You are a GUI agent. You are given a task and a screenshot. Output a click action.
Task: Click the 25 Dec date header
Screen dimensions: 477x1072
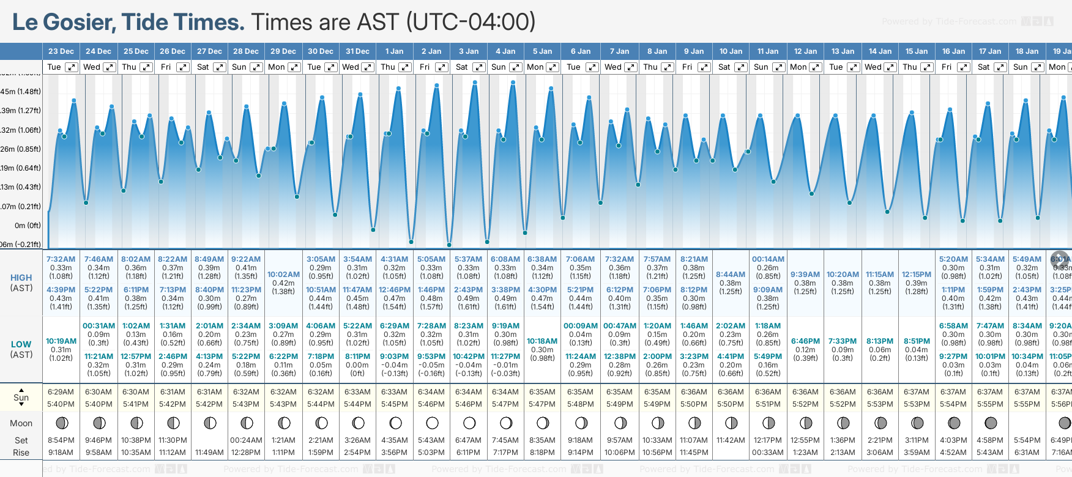coord(136,51)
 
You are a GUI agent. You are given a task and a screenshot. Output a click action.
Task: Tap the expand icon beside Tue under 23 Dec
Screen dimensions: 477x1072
coord(72,67)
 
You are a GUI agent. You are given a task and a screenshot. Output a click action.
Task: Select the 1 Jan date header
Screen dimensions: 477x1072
coord(394,51)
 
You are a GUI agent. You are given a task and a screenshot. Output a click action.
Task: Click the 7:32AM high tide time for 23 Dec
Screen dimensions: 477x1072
coord(61,259)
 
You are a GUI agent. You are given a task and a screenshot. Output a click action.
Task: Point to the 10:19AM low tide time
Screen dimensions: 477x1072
coord(61,341)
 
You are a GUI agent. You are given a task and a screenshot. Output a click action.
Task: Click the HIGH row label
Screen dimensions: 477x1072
coord(21,278)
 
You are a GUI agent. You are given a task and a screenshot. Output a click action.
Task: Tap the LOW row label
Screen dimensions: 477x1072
coord(21,344)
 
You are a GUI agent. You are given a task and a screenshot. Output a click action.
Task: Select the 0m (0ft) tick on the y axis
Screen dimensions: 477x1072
coord(28,225)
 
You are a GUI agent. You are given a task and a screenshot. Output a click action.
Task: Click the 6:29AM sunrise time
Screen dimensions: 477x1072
coord(61,392)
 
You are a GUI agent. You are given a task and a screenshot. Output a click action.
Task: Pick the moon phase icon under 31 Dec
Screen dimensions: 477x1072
coord(359,423)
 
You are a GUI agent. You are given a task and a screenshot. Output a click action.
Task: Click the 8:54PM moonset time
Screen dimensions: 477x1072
coord(61,440)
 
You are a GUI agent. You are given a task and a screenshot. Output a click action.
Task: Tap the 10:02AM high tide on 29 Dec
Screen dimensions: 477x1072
coord(283,275)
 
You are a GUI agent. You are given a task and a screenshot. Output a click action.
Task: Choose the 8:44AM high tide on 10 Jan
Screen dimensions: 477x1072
coord(731,275)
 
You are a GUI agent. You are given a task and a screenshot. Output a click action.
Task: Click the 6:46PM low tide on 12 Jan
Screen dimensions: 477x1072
coord(805,341)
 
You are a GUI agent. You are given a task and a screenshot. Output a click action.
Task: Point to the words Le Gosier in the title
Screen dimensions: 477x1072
coord(64,22)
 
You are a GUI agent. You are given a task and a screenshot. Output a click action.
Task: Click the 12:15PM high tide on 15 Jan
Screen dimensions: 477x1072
coord(916,275)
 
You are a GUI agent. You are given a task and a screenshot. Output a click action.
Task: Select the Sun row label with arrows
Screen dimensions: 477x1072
coord(21,397)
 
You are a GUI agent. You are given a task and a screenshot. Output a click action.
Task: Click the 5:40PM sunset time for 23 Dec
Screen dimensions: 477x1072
coord(61,404)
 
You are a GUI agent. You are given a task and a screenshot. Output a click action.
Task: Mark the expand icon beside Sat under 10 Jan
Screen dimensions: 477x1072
coord(741,67)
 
